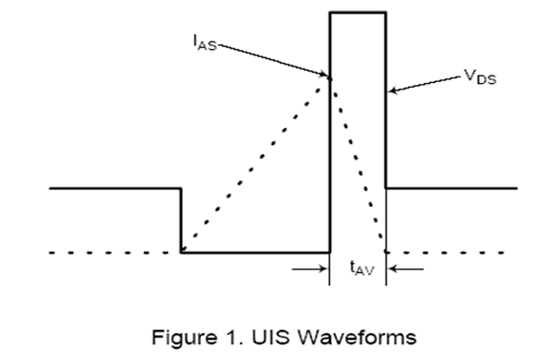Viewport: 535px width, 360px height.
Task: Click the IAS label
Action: tap(205, 43)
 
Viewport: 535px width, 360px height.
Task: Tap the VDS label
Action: tap(481, 77)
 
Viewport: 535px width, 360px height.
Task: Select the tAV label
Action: tap(362, 268)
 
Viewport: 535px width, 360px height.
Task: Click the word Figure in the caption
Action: tap(184, 338)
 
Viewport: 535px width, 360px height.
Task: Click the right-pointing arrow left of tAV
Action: tap(309, 269)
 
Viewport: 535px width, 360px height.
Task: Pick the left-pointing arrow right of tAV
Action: tap(407, 269)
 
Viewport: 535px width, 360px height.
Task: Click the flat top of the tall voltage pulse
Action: tap(358, 13)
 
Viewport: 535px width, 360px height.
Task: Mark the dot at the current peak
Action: tap(329, 79)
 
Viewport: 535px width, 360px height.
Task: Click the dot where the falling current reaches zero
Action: tap(386, 251)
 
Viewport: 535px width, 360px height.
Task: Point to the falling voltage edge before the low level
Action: tap(181, 221)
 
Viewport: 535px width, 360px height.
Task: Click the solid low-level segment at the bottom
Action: tap(256, 253)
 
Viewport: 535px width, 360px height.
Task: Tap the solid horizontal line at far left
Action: tap(115, 188)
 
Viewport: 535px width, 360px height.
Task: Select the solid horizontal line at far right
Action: tap(452, 188)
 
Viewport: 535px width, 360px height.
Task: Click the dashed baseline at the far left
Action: tap(113, 253)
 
